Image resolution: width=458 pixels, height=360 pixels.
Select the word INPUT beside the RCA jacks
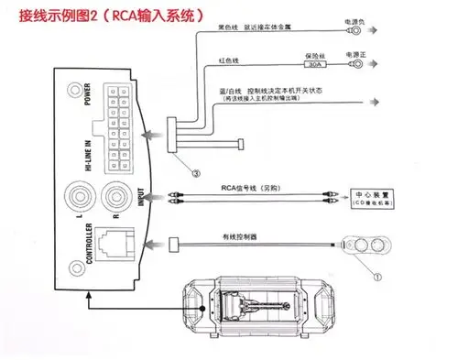[140, 199]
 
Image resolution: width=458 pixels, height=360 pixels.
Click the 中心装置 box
[373, 195]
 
